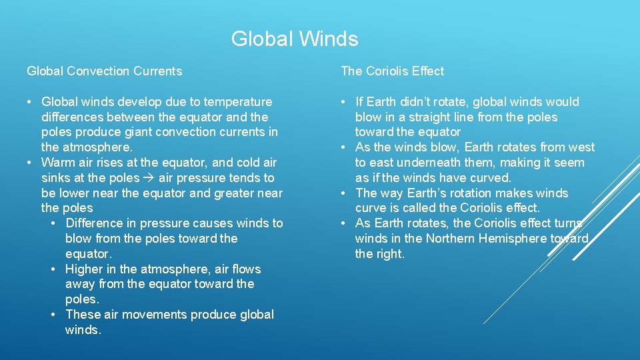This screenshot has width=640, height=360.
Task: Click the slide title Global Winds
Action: click(294, 39)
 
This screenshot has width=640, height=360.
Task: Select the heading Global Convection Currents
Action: click(104, 71)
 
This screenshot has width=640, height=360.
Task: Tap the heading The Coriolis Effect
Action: click(392, 71)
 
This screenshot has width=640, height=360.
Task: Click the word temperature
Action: click(236, 102)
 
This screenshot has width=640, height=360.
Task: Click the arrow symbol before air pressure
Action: click(149, 178)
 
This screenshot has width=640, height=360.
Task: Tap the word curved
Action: click(492, 178)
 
